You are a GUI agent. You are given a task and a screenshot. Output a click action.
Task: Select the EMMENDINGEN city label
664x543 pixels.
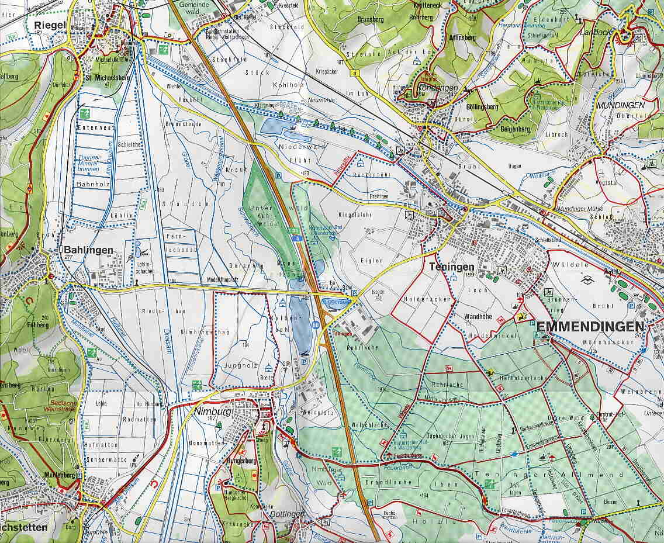coord(590,326)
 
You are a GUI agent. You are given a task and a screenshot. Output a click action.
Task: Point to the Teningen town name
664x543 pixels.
coord(451,267)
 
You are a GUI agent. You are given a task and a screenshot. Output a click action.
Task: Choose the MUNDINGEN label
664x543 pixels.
coord(620,105)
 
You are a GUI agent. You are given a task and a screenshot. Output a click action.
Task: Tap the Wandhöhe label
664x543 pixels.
coord(478,317)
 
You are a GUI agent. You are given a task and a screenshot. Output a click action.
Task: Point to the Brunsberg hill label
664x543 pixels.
coord(368,18)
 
